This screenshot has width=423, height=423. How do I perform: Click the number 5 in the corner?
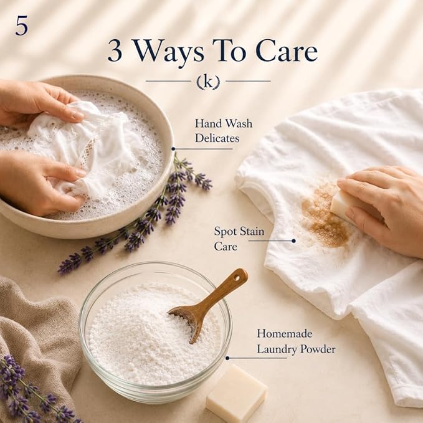coord(21,26)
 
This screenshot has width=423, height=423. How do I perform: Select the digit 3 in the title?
coord(115,51)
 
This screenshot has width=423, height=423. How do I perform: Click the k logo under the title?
coord(208,82)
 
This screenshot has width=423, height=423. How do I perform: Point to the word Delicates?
coord(217,138)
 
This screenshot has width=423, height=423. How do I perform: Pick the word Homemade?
coord(285,334)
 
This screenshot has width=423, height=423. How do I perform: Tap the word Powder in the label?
coord(318,349)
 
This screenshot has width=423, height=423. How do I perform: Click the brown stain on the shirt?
coord(325,216)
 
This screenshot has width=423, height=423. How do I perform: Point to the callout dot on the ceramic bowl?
coord(173,149)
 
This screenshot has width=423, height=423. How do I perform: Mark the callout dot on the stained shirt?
coord(294,241)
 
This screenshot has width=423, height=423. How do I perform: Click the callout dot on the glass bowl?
coord(227,358)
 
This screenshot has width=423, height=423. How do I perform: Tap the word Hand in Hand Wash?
coord(207,123)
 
